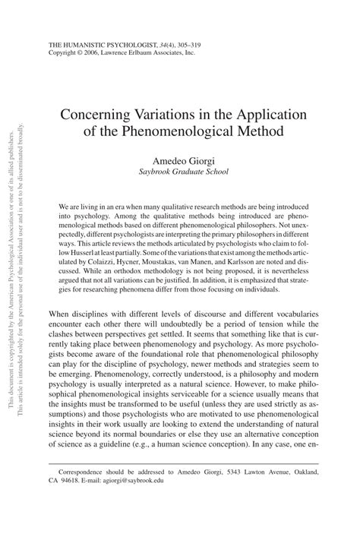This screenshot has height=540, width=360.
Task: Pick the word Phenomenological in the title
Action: (x=179, y=131)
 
